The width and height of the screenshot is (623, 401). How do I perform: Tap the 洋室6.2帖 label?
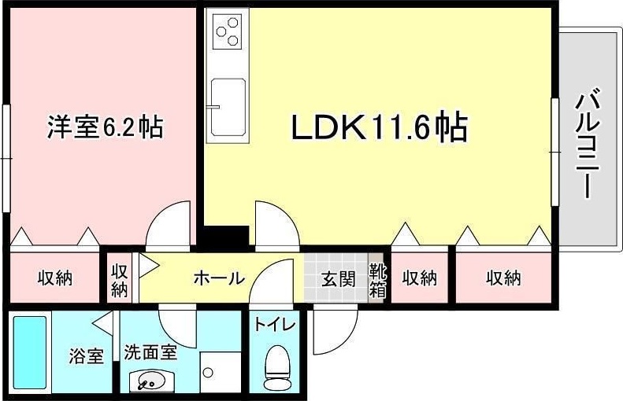[x=105, y=127]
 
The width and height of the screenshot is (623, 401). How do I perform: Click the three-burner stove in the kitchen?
[x=228, y=31]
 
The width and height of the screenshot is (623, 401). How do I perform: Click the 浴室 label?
[x=85, y=356]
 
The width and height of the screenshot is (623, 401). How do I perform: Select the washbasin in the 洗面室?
[x=150, y=381]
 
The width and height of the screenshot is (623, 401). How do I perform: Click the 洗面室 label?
[x=150, y=351]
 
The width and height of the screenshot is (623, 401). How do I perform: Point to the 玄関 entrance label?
[x=338, y=278]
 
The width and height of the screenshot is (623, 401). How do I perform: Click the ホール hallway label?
[x=218, y=278]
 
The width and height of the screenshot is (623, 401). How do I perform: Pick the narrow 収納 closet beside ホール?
[x=120, y=279]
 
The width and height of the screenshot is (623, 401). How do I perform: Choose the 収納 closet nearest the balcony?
[x=504, y=278]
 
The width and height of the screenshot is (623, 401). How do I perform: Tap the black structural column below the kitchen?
[x=226, y=234]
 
